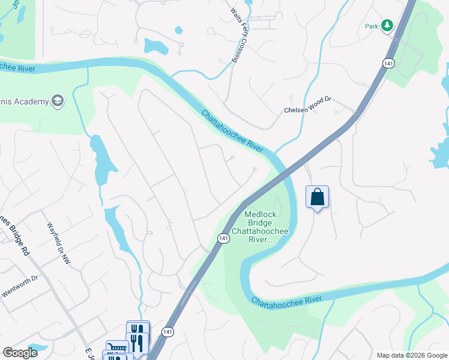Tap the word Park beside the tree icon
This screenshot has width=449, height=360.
(x=372, y=26)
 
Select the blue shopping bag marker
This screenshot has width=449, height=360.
(x=317, y=197)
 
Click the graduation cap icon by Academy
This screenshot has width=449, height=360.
(x=58, y=101)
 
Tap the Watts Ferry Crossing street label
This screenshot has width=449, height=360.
(x=236, y=35)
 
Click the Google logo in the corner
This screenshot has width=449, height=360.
(x=20, y=353)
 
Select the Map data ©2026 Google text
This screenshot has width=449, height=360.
(x=411, y=355)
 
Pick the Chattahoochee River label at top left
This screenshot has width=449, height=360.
(x=18, y=68)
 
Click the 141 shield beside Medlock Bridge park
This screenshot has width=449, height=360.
(x=223, y=238)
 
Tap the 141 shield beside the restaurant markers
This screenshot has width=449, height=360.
(x=168, y=332)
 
